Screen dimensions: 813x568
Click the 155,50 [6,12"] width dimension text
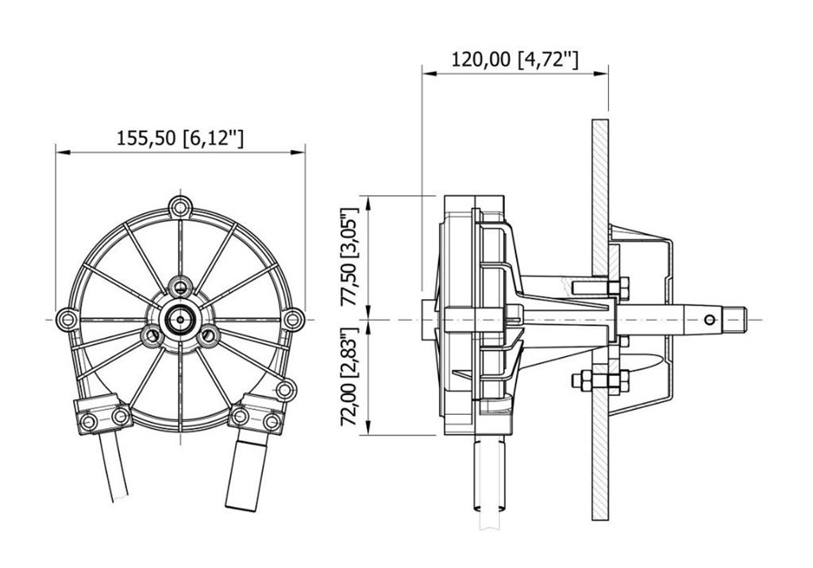[180, 138]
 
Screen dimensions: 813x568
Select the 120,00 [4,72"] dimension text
[514, 59]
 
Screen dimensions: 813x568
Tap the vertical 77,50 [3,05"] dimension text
[349, 257]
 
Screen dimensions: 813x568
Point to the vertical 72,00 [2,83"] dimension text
[349, 378]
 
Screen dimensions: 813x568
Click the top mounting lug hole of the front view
[180, 207]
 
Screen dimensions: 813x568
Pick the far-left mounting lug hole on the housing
[67, 319]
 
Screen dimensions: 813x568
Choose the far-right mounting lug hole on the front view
[294, 319]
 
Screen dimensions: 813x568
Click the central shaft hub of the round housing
[180, 319]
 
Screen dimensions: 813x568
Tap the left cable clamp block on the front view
[102, 413]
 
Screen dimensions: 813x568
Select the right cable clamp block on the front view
[258, 413]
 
